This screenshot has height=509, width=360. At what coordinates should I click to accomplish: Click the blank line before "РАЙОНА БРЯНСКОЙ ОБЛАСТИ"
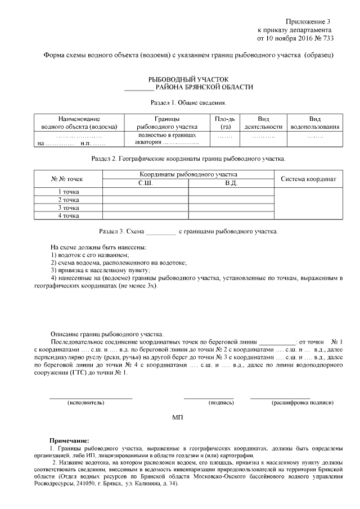point(138,88)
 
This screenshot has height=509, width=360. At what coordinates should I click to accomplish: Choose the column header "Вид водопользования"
point(315,123)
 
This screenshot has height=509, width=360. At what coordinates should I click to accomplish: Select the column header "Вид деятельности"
point(263,123)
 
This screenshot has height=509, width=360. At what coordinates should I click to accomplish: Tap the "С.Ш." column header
point(145,183)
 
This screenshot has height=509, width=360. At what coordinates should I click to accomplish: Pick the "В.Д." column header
point(231,183)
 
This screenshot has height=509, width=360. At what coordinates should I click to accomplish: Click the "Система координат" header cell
point(308,179)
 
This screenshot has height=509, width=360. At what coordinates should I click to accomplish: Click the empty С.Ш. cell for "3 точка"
point(145,208)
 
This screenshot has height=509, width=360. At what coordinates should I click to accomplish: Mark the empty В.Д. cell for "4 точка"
point(231,215)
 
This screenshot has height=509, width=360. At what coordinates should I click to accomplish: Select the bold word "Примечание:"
point(69,440)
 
